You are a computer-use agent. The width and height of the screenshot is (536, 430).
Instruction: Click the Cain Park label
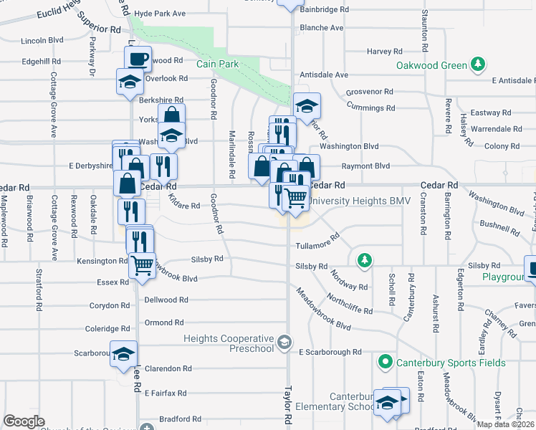217,64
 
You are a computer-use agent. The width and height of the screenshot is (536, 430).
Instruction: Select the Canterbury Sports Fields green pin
385,363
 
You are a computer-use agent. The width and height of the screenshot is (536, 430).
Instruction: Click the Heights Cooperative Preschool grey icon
285,341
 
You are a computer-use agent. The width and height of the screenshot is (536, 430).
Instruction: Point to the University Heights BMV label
360,201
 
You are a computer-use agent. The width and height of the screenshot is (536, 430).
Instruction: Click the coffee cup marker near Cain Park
139,57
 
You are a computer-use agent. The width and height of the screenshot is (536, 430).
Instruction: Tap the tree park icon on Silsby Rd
365,259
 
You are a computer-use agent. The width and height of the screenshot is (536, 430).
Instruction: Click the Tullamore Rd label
312,245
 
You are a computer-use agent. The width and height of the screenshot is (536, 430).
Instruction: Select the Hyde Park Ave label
160,14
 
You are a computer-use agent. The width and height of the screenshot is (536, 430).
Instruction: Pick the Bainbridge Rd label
325,10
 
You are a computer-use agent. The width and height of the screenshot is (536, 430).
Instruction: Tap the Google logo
24,421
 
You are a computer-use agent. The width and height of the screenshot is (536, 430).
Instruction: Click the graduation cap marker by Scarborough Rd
123,353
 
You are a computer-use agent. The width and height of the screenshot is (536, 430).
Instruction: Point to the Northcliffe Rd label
349,303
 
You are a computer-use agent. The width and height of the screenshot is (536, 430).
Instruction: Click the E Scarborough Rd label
330,353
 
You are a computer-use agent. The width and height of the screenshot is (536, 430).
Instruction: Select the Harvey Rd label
384,52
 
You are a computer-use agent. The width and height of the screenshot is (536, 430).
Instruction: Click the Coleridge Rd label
107,329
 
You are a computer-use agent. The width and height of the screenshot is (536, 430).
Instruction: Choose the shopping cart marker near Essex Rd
142,265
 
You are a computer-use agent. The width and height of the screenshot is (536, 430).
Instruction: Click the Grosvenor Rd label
370,92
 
